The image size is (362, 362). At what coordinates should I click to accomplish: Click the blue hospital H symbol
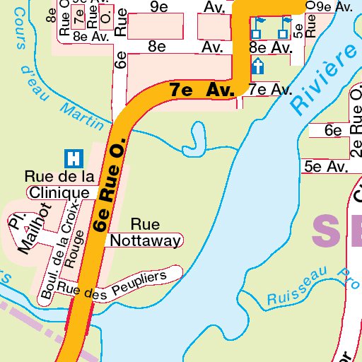pos(71,157)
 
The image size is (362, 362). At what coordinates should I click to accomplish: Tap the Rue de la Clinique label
pos(59,184)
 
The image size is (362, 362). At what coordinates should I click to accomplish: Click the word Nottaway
pos(145,241)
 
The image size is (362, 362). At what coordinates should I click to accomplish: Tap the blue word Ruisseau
pos(292,289)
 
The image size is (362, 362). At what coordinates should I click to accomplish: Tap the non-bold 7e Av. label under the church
pos(270,90)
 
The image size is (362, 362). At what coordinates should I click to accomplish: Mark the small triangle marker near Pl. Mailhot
pos(27,228)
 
